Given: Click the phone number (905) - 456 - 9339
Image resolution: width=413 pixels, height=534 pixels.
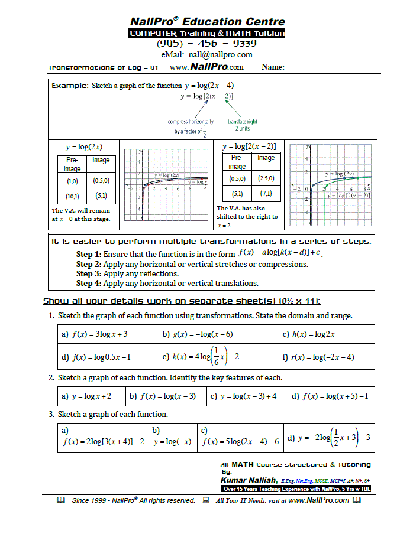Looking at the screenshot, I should (x=206, y=44).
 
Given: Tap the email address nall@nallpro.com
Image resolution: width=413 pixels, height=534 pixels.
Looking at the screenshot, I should (x=206, y=55).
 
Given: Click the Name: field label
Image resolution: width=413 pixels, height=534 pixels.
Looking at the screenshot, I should (x=273, y=68).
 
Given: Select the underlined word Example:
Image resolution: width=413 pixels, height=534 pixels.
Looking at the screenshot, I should (x=70, y=86).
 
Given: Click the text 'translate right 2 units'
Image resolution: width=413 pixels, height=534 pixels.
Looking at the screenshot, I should (x=243, y=125).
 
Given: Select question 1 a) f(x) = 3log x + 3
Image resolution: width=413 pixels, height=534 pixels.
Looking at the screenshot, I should (x=95, y=334).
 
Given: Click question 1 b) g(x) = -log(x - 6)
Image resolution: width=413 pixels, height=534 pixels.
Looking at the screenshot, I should (x=198, y=334).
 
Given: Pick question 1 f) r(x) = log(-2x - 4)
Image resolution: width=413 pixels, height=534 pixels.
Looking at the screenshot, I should (x=319, y=357).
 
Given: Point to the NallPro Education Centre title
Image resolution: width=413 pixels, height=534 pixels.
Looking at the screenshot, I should (x=207, y=22).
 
